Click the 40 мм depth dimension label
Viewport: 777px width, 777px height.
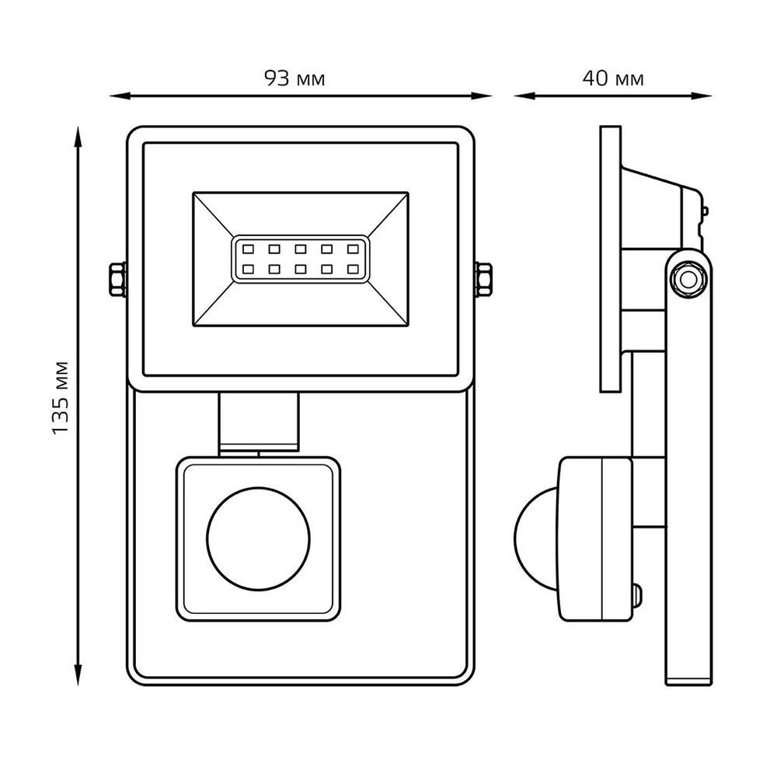click(x=613, y=78)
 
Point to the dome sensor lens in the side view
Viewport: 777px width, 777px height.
click(x=535, y=538)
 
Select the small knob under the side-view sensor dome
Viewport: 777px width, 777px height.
click(x=639, y=597)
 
